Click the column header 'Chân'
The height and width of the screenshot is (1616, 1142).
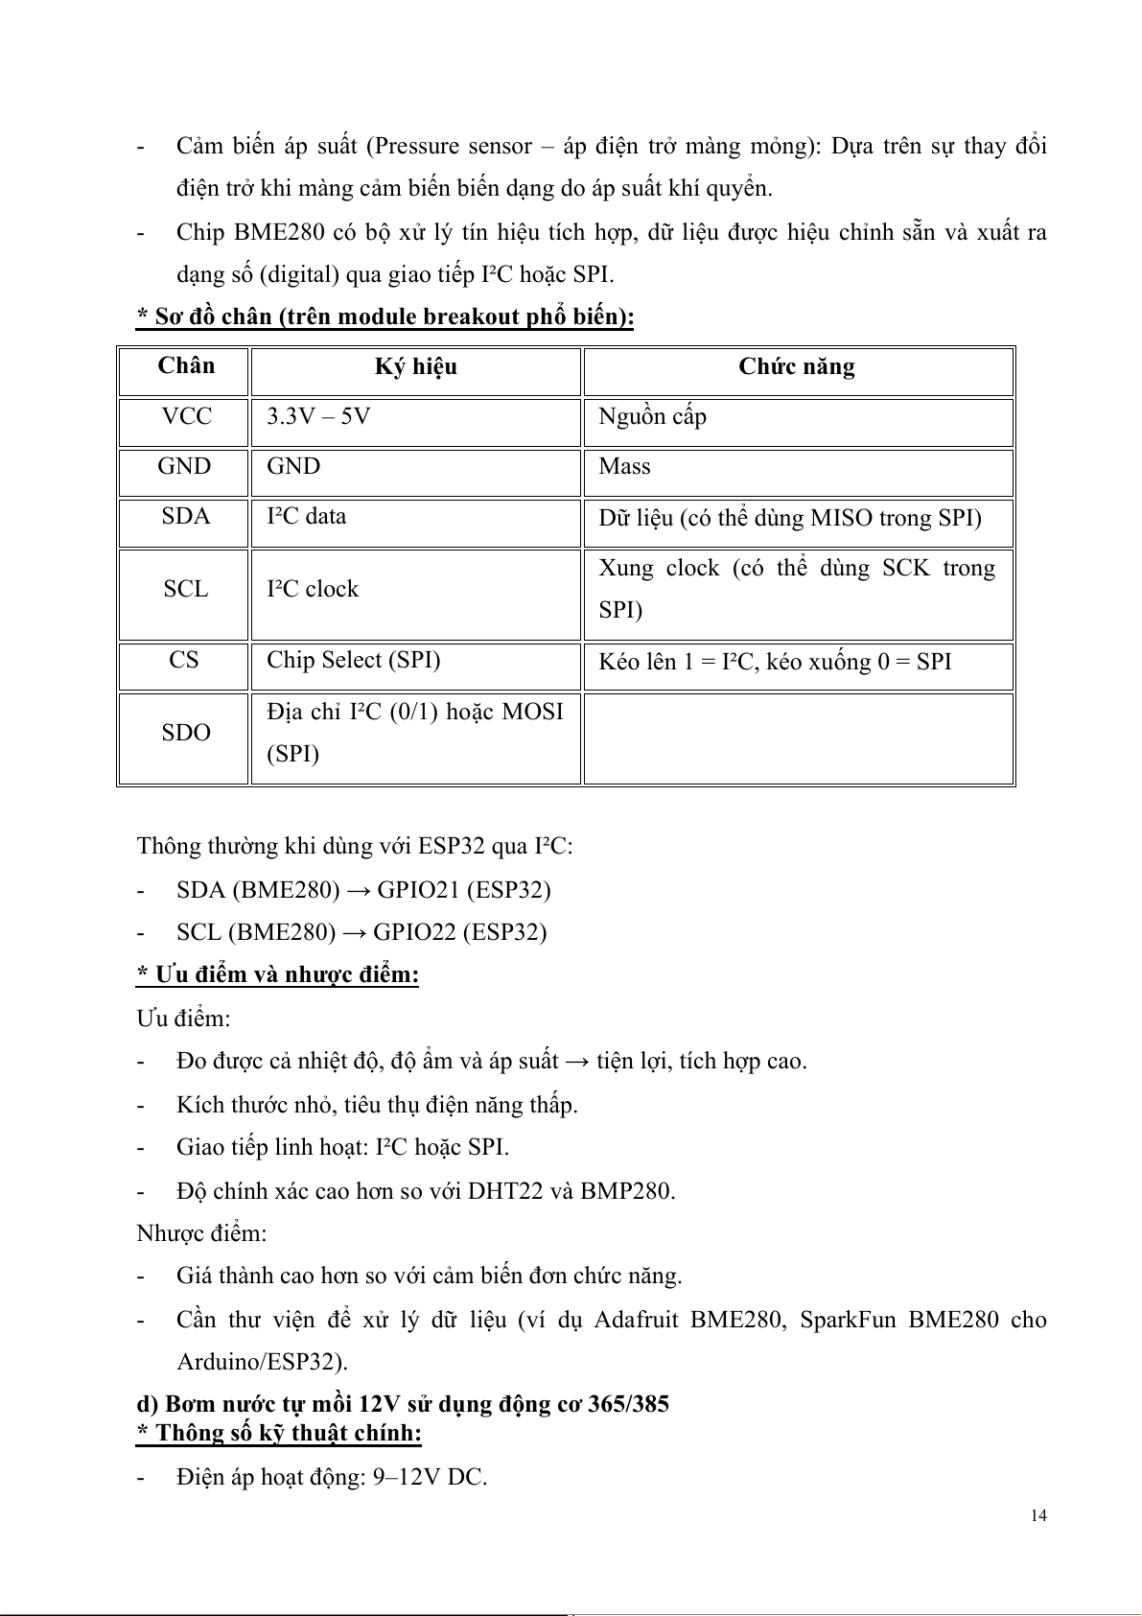click(186, 366)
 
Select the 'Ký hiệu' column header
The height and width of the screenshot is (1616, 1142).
click(415, 367)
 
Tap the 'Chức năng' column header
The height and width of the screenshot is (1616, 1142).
click(797, 367)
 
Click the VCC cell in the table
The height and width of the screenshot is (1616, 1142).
click(186, 417)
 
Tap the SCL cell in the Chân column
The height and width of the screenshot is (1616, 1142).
click(185, 589)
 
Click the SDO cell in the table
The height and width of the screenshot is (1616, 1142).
click(185, 733)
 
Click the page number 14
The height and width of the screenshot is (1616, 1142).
click(1038, 1515)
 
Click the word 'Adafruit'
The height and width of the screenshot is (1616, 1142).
click(638, 1320)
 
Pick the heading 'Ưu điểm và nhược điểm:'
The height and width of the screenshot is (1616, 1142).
click(278, 975)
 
